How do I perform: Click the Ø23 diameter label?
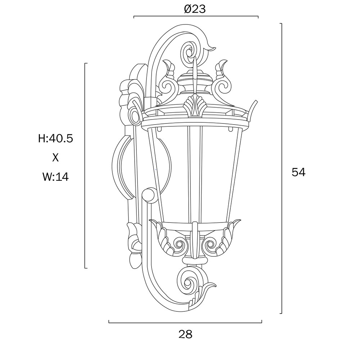point(195,9)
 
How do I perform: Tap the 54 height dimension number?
point(298,172)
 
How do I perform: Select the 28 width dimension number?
point(185,334)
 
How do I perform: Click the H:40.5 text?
point(55,139)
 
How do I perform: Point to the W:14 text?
point(55,177)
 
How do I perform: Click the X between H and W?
point(55,158)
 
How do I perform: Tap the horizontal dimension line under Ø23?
point(196,17)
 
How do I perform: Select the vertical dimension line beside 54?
point(282,168)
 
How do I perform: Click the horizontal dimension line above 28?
point(185,323)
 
